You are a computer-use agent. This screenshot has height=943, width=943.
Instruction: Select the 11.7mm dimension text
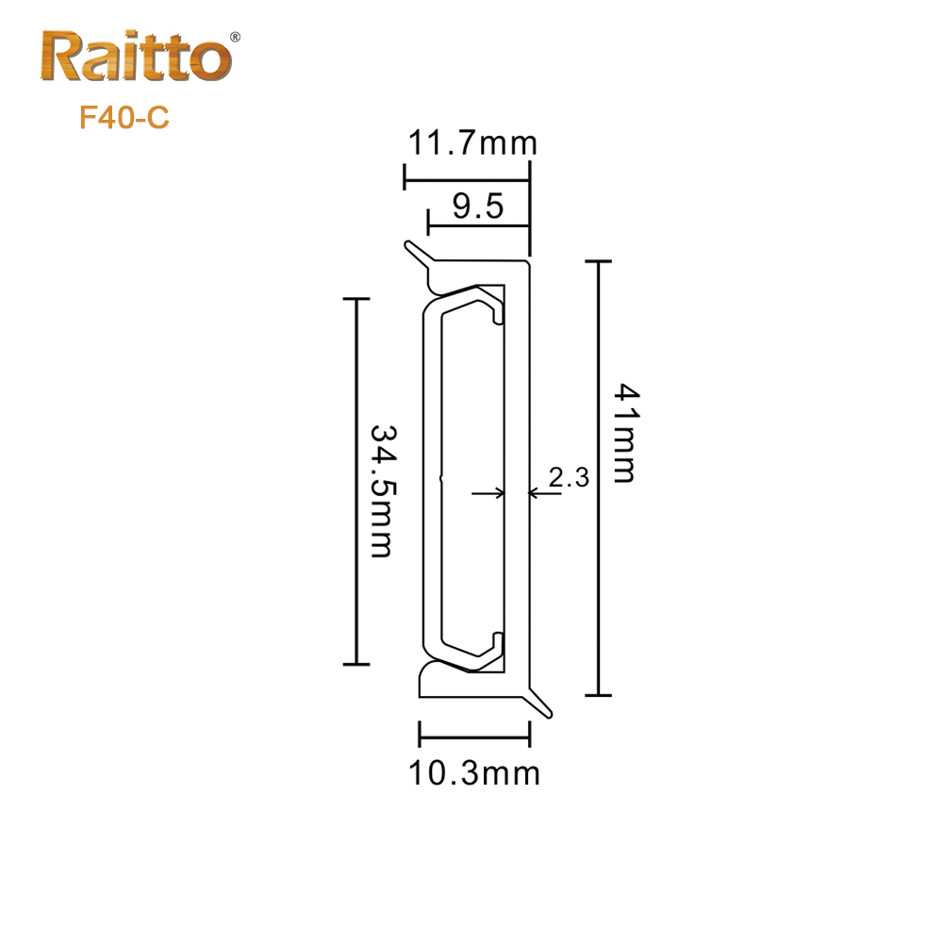[472, 144]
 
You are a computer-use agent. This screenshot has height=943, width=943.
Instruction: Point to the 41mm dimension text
[623, 432]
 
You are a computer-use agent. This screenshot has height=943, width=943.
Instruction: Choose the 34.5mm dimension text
[381, 489]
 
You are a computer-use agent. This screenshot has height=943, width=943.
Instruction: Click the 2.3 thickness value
[569, 478]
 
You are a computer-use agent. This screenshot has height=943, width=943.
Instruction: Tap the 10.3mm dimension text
[474, 774]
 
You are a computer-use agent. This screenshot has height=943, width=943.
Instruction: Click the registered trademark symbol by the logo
[236, 37]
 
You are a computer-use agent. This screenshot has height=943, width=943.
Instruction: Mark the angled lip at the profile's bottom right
[541, 703]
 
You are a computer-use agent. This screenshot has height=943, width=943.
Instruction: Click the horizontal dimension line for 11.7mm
[466, 177]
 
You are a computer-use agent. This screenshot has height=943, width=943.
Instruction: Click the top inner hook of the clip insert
[493, 312]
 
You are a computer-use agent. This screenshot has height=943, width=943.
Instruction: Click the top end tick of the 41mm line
[599, 260]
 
